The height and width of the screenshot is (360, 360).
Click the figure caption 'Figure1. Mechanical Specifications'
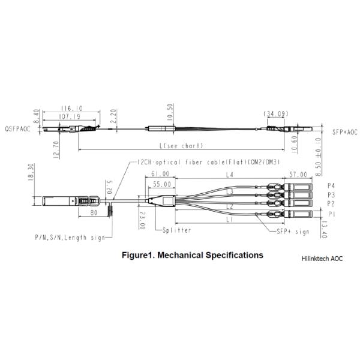192,255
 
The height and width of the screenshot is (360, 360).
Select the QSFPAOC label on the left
17,129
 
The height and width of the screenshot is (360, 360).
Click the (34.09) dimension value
275,113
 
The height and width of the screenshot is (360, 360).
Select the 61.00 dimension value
158,175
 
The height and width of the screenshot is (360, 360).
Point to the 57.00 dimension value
298,175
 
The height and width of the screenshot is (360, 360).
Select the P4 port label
331,186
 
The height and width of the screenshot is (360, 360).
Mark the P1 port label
331,213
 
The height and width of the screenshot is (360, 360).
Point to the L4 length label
229,175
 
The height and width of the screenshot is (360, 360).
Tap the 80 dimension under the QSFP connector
94,211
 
